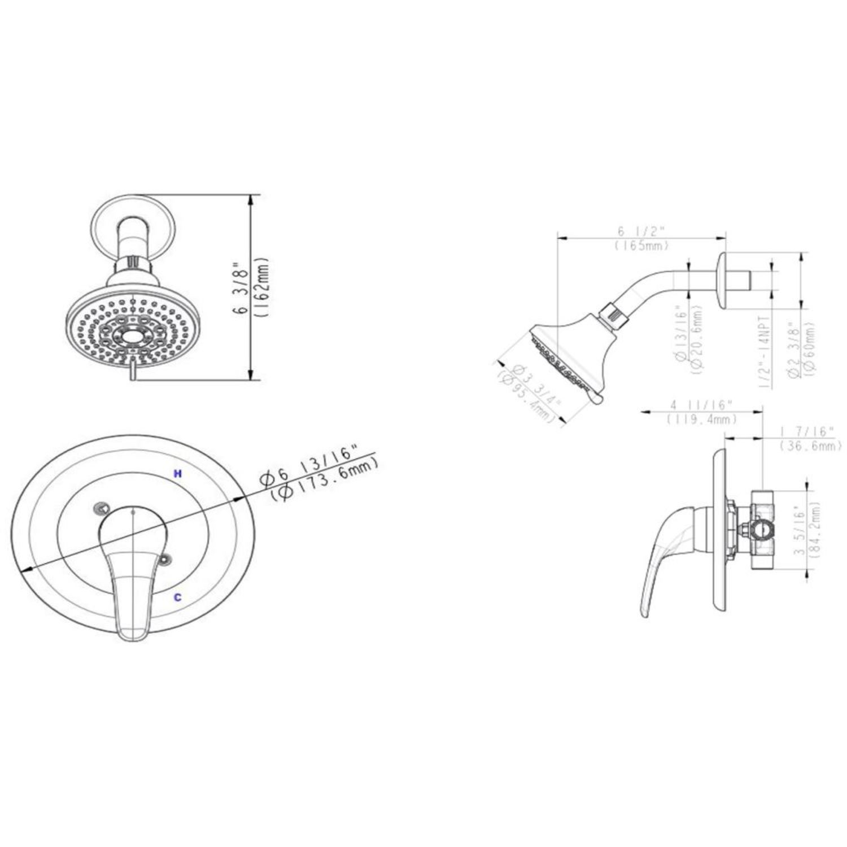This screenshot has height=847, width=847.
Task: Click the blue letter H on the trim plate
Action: point(177,474)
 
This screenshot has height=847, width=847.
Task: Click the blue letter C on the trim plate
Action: point(177,597)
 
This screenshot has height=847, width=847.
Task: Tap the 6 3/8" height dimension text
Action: point(243,288)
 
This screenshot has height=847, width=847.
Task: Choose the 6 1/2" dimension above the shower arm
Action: point(642,231)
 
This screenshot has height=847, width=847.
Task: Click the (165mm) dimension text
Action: point(642,246)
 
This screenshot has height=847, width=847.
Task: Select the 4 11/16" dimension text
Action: point(701,404)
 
